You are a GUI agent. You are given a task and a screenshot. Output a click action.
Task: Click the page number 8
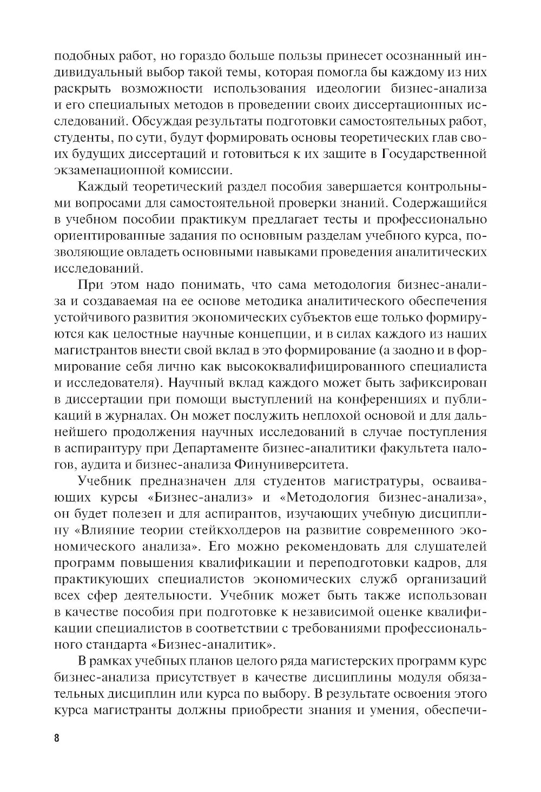pyautogui.click(x=57, y=738)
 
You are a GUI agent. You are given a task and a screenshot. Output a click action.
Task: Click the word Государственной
pyautogui.click(x=434, y=154)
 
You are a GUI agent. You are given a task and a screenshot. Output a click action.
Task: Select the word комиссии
pyautogui.click(x=199, y=170)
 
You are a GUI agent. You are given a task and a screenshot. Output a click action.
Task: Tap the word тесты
pyautogui.click(x=320, y=219)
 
